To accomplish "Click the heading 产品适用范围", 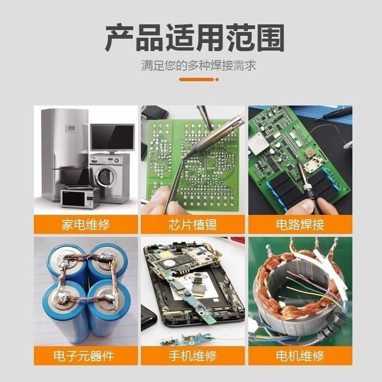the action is [195, 37].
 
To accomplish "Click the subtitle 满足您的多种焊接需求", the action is [199, 65].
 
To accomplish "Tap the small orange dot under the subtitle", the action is [217, 79].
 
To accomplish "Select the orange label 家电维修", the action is [85, 224].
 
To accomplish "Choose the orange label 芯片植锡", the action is [193, 224].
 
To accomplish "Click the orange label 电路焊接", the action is [300, 224].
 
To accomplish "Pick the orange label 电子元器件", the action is [85, 356].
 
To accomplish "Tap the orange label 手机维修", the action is [193, 356].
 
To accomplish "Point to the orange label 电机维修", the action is [300, 356].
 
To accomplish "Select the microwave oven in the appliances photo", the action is [79, 198].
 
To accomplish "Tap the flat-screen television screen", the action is [112, 138].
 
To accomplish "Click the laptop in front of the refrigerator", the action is [77, 179].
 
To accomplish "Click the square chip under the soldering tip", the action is [209, 162].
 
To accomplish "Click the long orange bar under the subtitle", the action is [197, 79].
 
